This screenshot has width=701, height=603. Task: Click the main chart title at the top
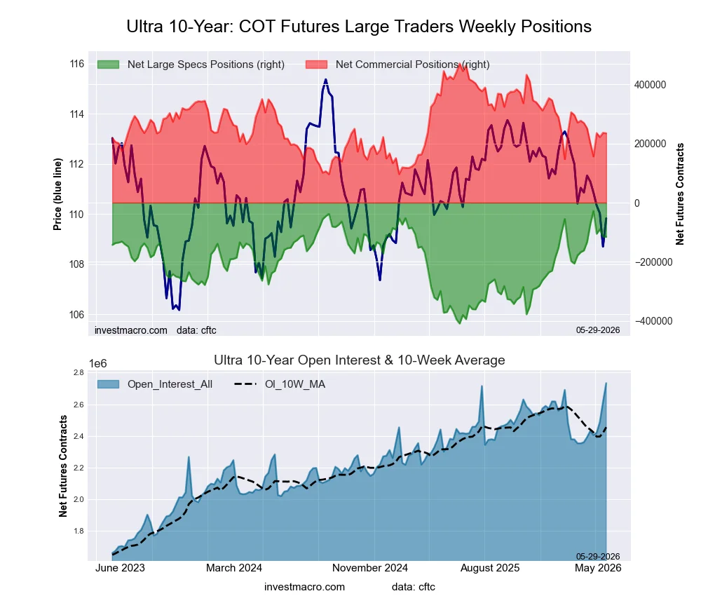tap(359, 27)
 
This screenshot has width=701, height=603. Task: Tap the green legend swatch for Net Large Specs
tap(108, 65)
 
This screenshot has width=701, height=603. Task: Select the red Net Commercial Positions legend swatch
tap(317, 65)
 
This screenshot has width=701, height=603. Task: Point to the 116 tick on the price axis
tap(77, 64)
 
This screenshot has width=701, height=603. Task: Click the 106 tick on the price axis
tap(77, 315)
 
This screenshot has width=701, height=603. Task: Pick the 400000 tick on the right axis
tap(650, 85)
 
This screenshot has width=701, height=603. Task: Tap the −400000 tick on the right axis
tap(653, 321)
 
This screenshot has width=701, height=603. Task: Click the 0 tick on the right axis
tap(637, 203)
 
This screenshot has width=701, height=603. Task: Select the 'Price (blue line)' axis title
tap(57, 194)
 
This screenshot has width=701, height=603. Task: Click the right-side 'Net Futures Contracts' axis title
tap(679, 194)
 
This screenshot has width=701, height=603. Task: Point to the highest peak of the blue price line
tap(325, 80)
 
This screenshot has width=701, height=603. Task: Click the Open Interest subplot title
tap(360, 360)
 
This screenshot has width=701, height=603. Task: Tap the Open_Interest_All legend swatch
tap(108, 384)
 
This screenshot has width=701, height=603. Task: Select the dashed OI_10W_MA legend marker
tap(246, 384)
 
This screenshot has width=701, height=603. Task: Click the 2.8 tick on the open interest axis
tap(79, 372)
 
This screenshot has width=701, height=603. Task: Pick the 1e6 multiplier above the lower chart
tap(98, 364)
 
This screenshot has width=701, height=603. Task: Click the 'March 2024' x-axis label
tap(234, 568)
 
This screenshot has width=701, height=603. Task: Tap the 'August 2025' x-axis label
tap(490, 568)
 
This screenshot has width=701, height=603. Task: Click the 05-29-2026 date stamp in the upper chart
tap(598, 330)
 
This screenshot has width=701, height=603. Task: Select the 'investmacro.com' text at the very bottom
tap(304, 587)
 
